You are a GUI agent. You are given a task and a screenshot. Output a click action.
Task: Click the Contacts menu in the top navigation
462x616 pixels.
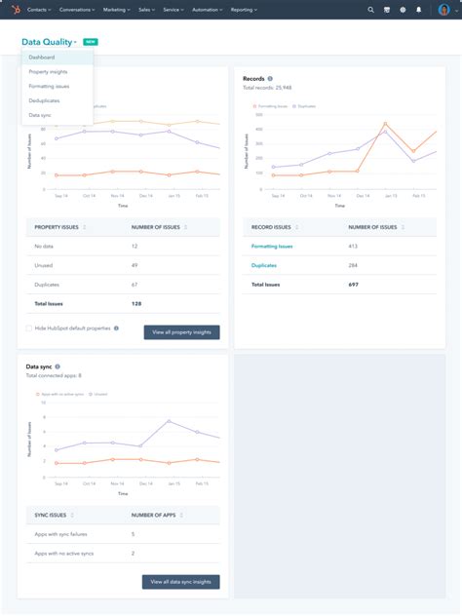pos(40,9)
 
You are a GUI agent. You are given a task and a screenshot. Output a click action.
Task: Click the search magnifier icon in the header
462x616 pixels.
pos(370,9)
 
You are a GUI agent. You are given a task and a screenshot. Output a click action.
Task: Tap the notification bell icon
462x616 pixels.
pos(419,9)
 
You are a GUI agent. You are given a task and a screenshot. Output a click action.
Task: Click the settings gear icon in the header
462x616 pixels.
pos(403,9)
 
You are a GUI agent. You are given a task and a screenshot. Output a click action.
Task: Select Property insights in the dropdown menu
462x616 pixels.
pos(48,72)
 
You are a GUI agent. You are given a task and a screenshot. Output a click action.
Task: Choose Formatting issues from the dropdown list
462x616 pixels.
pos(49,87)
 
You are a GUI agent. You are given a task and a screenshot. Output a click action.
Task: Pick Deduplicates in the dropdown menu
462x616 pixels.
pos(45,100)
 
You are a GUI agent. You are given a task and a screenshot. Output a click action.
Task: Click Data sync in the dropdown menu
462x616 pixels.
pos(40,115)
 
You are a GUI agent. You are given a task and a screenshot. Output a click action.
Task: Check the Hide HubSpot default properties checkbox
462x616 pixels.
pos(29,328)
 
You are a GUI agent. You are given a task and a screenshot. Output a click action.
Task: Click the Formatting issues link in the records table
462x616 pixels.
pos(272,247)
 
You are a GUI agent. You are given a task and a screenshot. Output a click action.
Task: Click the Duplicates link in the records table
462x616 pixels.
pos(264,265)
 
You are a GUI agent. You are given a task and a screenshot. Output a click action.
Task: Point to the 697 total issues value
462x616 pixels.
pos(354,285)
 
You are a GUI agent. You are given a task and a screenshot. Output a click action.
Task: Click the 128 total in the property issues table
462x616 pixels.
pos(136,304)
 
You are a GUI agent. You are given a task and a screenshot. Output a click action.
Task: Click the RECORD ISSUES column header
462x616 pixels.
pos(272,227)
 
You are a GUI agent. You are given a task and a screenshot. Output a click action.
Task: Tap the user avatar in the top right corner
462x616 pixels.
pos(443,10)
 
